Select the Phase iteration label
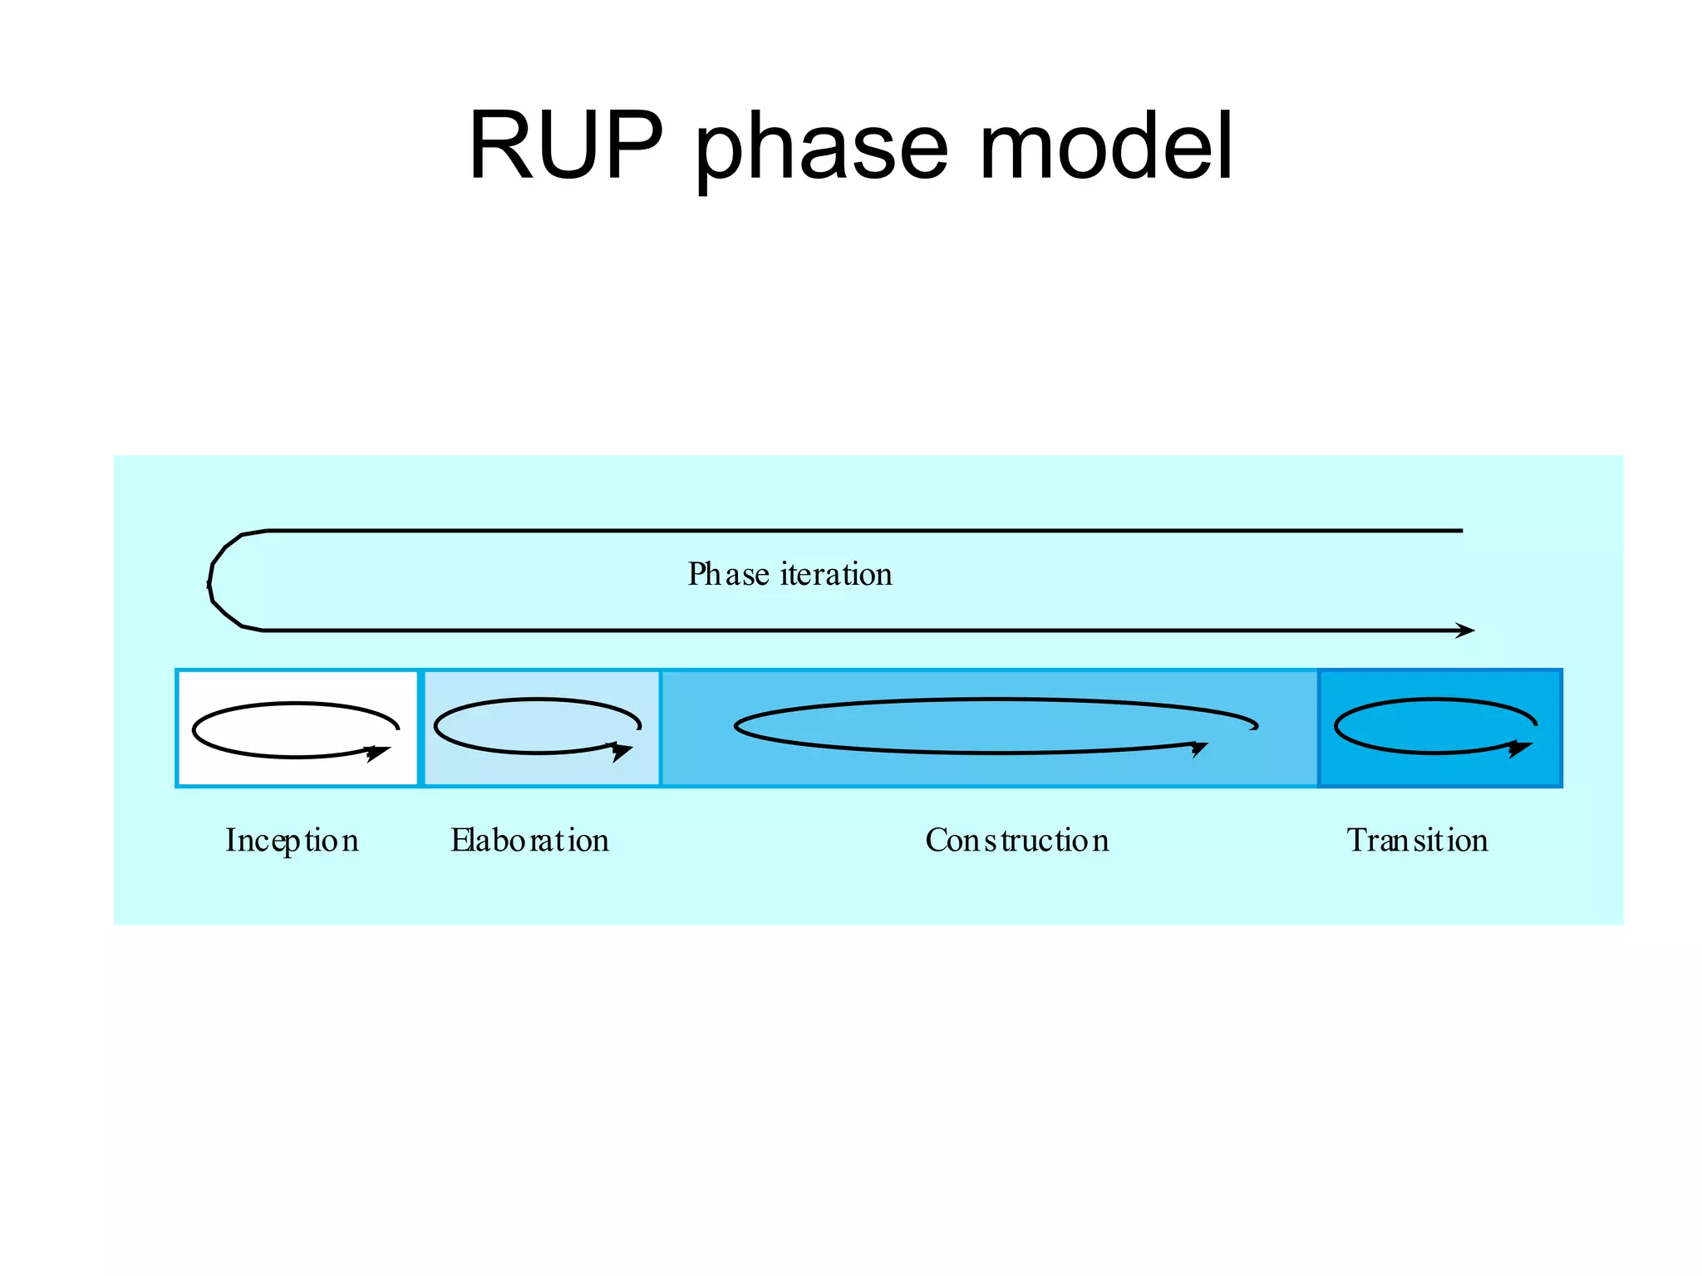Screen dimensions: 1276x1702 pos(790,574)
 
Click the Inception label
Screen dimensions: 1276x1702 pos(292,841)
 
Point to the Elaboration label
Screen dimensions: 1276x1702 pos(529,841)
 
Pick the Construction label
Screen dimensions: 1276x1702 pos(1016,841)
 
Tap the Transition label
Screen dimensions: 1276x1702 pos(1417,841)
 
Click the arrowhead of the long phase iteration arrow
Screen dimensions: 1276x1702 pos(1467,631)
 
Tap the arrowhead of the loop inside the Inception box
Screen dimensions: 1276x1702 pos(378,753)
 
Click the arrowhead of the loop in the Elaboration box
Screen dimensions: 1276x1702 pos(622,751)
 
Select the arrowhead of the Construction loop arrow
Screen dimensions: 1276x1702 pos(1199,748)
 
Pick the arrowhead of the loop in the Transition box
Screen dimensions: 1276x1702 pos(1520,748)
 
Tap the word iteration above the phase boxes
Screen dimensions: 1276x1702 pos(836,574)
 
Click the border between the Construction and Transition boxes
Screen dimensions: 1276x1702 pos(1318,728)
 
